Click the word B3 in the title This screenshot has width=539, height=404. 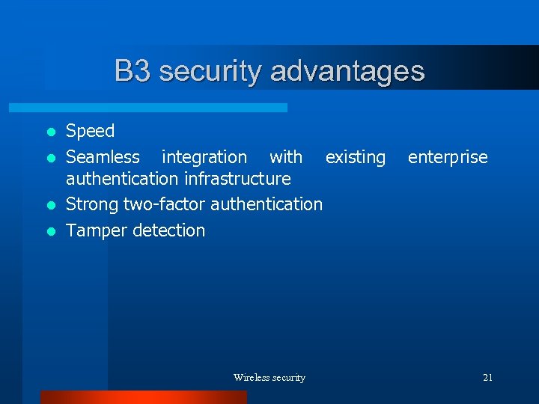(133, 72)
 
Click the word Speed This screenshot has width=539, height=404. (90, 132)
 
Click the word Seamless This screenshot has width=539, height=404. (103, 157)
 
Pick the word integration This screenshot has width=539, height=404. (204, 157)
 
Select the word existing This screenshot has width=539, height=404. (356, 157)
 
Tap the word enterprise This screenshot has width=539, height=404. (447, 157)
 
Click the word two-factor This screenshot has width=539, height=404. (164, 204)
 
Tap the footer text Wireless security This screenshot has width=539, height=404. (269, 378)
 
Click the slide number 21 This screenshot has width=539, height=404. (487, 378)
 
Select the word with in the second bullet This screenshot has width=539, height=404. (286, 157)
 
